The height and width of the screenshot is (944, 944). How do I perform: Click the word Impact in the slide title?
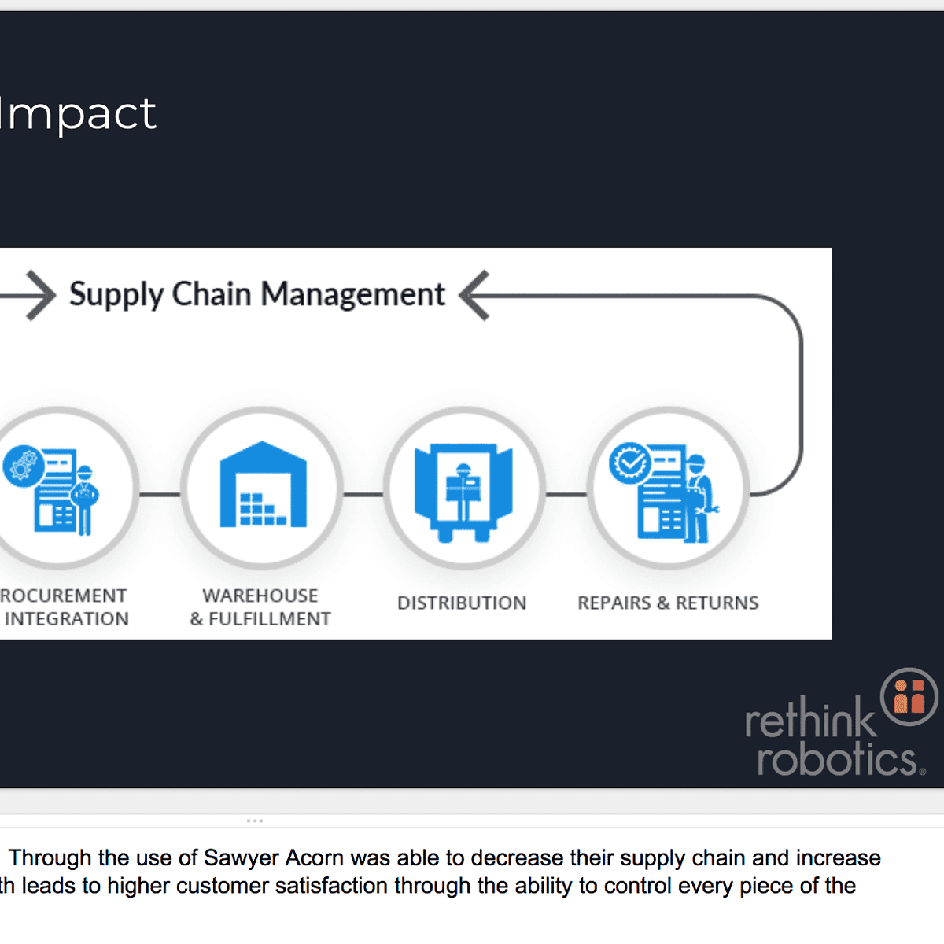pyautogui.click(x=79, y=114)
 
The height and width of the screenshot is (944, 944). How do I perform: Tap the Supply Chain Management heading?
pyautogui.click(x=257, y=294)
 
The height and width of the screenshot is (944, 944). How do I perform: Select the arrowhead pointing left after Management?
pyautogui.click(x=474, y=295)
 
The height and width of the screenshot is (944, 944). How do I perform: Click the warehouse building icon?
pyautogui.click(x=263, y=485)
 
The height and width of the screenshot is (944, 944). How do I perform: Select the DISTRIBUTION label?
pyautogui.click(x=462, y=603)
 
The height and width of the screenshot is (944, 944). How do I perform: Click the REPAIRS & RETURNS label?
pyautogui.click(x=668, y=603)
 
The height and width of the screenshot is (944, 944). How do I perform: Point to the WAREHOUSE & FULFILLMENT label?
pyautogui.click(x=260, y=607)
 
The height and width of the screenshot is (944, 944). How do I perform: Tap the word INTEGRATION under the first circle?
pyautogui.click(x=67, y=619)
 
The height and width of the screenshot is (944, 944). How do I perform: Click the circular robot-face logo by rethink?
pyautogui.click(x=909, y=696)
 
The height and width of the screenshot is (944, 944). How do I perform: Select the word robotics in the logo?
pyautogui.click(x=837, y=759)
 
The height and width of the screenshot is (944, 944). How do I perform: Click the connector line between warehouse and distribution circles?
pyautogui.click(x=363, y=495)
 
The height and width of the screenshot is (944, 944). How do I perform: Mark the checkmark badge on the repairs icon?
pyautogui.click(x=630, y=463)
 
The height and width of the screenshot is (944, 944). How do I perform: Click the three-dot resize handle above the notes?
pyautogui.click(x=255, y=820)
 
